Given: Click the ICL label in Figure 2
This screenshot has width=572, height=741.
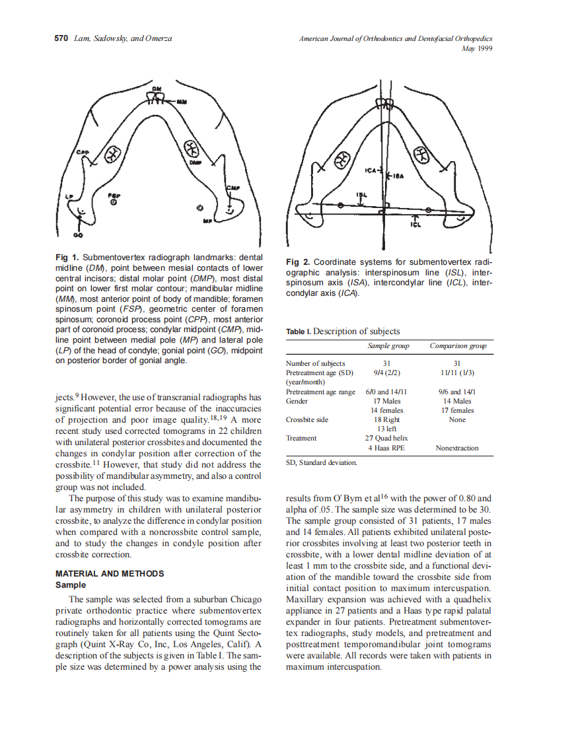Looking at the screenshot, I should point(415,225).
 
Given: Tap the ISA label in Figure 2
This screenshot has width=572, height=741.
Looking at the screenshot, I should point(399,176).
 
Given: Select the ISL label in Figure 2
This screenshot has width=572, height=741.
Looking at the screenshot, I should point(361,195).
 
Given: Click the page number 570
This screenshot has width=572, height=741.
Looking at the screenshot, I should point(61,38).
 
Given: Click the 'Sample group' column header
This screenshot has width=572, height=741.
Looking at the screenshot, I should point(388,345).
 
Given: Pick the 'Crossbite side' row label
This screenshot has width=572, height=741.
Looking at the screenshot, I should point(306,419).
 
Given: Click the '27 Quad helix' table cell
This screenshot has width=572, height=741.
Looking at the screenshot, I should point(386,438).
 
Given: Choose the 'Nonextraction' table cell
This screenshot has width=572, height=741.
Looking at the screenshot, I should point(457,448).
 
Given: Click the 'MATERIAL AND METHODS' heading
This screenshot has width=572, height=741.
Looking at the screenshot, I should point(110,573).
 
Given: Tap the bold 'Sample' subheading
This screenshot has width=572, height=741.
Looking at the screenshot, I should point(71,584).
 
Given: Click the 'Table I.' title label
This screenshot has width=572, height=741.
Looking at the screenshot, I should point(299,332).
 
